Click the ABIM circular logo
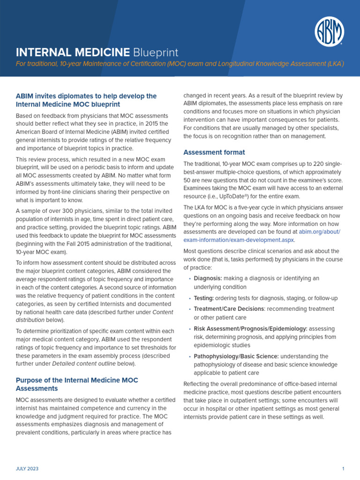tap(329, 31)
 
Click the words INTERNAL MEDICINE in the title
tap(73, 52)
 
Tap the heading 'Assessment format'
tap(214, 152)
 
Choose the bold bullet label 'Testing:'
tap(204, 298)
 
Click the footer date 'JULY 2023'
tap(27, 469)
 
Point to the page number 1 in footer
tap(343, 469)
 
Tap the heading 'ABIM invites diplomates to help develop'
tap(86, 96)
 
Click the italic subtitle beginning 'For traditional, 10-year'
tap(180, 64)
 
